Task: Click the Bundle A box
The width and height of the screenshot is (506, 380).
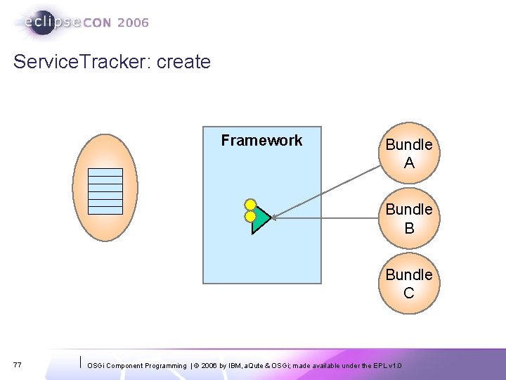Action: (409, 154)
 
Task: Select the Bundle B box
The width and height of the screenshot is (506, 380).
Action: (409, 219)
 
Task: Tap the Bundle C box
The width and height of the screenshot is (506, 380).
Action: (409, 284)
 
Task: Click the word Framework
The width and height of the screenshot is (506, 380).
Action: (261, 141)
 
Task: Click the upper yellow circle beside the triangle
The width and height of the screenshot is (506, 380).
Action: (249, 205)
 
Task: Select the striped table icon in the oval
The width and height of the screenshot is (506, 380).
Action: (105, 191)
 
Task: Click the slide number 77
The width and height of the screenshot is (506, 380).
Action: (17, 365)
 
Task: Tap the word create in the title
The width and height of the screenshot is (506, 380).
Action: (183, 62)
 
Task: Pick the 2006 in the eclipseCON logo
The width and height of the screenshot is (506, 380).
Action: (134, 23)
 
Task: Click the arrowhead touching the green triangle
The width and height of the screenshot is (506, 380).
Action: (275, 218)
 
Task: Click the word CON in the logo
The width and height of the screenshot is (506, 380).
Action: (98, 23)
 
